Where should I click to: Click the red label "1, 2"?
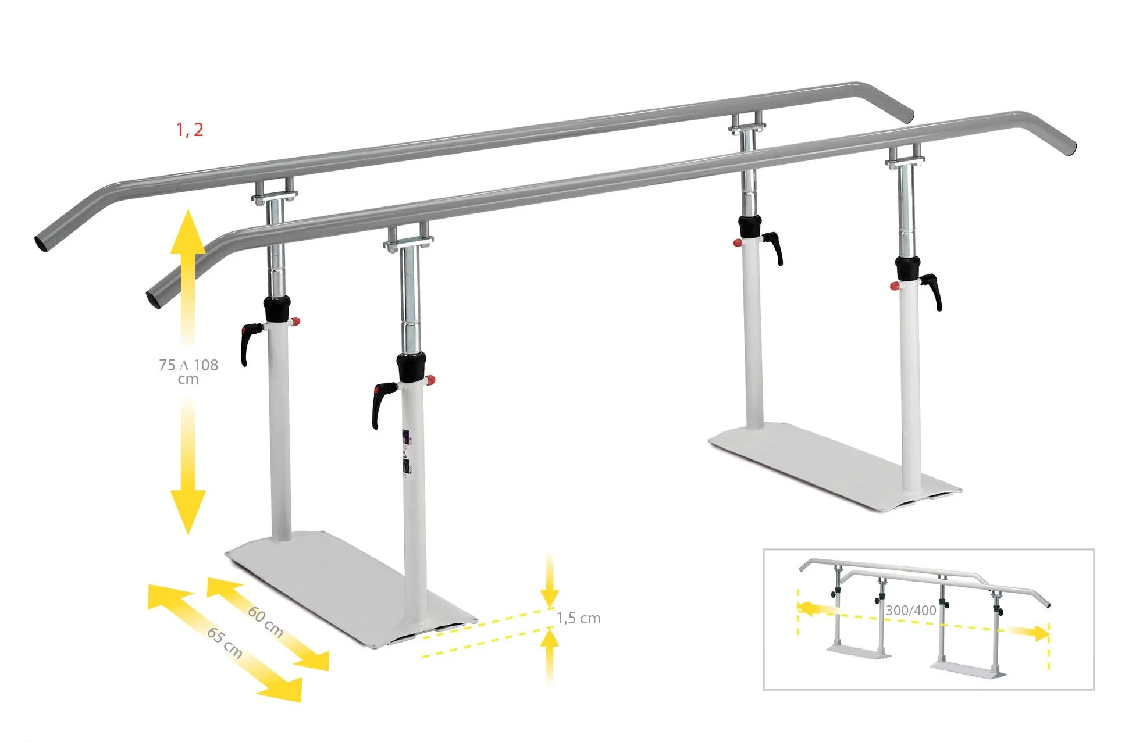(190, 130)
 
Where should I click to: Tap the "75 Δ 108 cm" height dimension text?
(188, 372)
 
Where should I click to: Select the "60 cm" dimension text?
(265, 622)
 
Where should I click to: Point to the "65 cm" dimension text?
(225, 642)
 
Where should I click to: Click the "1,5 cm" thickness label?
(578, 618)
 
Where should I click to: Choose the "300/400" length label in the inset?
(911, 611)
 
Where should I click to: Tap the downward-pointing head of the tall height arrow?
(188, 512)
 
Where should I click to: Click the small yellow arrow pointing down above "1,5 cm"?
(549, 582)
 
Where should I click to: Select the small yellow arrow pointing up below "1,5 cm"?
(549, 655)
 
